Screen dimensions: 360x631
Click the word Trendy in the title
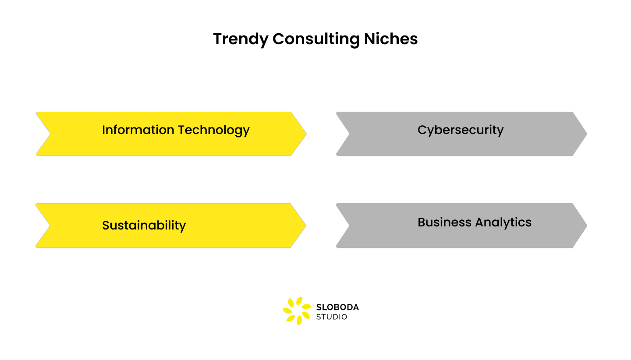[241, 39]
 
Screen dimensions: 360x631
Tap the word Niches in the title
[391, 39]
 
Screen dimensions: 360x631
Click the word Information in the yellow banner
[138, 130]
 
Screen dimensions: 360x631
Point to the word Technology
[214, 130]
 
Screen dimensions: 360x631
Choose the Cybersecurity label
[461, 130]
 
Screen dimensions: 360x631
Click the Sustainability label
[144, 226]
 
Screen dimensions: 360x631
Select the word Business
[444, 222]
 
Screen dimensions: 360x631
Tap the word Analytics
[503, 222]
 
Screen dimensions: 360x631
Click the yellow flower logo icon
[296, 311]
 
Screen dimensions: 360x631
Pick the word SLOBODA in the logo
[337, 307]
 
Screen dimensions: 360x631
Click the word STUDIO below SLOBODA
[332, 317]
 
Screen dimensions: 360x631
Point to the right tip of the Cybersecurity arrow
[586, 134]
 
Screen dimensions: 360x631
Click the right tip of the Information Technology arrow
[305, 134]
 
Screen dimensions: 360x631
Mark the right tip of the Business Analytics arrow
[586, 226]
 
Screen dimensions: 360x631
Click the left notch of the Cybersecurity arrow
[349, 134]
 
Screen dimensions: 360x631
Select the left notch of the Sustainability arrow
[50, 226]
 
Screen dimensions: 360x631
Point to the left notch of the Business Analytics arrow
[349, 226]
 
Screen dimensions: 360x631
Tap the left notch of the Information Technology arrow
[50, 134]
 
